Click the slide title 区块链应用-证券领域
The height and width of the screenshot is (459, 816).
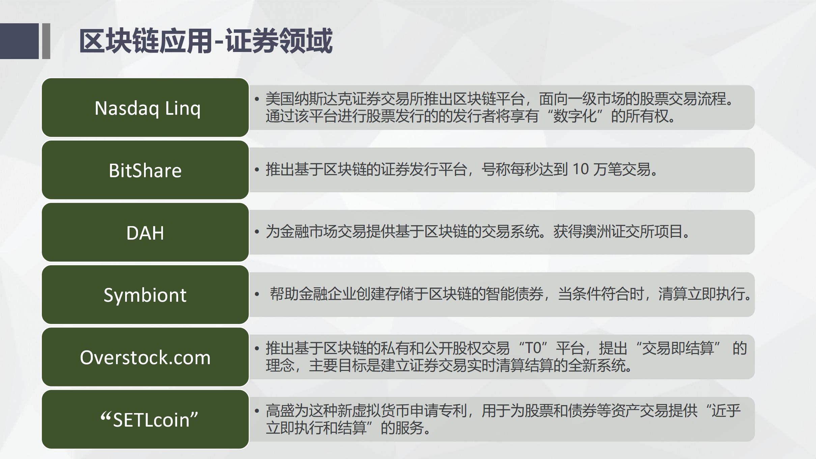(206, 41)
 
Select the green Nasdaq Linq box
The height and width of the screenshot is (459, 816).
(145, 108)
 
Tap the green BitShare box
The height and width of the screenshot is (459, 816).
(145, 170)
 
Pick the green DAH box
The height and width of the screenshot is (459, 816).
(145, 232)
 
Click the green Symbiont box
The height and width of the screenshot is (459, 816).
(145, 295)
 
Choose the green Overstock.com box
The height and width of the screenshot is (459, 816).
(145, 357)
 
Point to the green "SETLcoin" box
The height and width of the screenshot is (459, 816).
(145, 420)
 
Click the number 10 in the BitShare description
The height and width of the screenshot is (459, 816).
(580, 169)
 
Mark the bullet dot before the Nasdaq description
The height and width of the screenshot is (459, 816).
(257, 99)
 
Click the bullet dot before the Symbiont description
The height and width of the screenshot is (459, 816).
(257, 294)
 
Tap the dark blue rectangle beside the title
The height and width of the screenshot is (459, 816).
(19, 41)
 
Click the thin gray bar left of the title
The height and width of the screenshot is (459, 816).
(46, 41)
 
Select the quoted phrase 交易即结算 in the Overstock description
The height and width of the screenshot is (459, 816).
(678, 348)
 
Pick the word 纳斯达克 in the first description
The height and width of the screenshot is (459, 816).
(323, 99)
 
